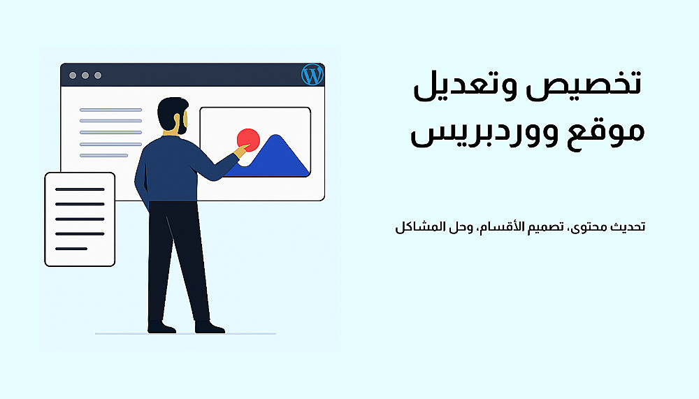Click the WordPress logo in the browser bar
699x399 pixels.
point(312,75)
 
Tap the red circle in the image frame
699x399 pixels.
point(248,140)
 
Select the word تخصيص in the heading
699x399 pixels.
point(584,84)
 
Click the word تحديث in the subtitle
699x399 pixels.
point(628,226)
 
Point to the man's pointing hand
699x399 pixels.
point(241,150)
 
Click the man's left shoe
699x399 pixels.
point(162,327)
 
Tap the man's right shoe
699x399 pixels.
point(210,327)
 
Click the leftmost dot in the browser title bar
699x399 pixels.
point(73,75)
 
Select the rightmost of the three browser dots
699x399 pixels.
point(98,75)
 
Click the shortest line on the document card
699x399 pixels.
point(71,249)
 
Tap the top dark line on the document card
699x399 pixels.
point(80,189)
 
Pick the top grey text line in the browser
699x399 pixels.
point(110,110)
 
